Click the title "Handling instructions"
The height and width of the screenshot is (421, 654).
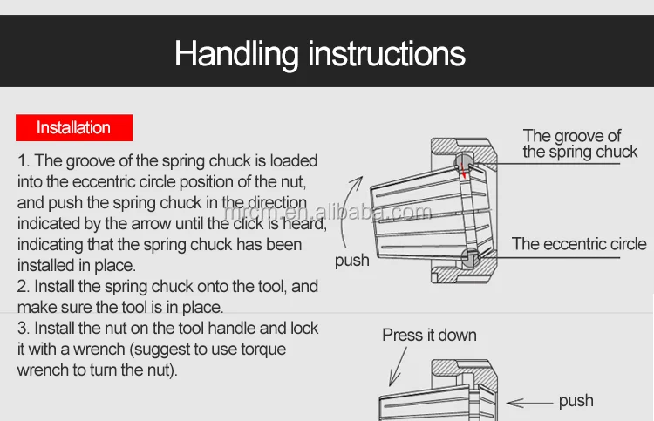pos(320,54)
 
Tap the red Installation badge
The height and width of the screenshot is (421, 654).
pos(74,127)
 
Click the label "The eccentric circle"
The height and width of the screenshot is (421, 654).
pos(579,244)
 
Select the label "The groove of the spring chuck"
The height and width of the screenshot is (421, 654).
pos(580,144)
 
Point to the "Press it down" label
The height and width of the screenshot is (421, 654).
pos(429,335)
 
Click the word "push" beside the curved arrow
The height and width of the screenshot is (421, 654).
pos(352,261)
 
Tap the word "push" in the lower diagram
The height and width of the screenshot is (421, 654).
pos(576,401)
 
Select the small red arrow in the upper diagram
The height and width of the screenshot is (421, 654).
pos(462,171)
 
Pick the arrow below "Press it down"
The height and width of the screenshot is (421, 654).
pos(398,367)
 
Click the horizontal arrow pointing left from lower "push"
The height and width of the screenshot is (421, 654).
pos(529,403)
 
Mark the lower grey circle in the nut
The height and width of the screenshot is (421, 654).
pos(471,258)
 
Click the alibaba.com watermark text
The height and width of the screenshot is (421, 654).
pos(328,212)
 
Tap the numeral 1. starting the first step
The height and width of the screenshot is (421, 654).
pos(24,161)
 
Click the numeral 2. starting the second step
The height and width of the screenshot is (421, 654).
pos(24,287)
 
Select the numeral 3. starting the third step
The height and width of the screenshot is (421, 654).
pos(24,329)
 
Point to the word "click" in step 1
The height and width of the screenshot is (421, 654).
pos(249,223)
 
